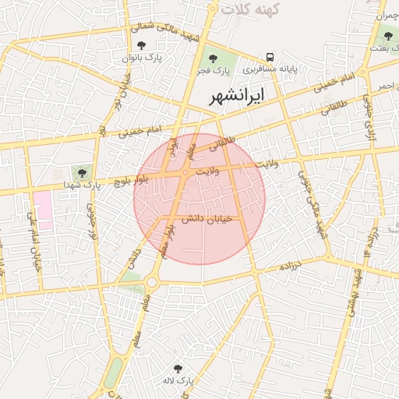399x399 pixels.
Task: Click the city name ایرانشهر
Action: (x=238, y=96)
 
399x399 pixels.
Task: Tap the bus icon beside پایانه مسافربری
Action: (x=270, y=57)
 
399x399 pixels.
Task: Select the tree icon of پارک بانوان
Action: (x=141, y=46)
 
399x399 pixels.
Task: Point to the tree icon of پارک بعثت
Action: (x=388, y=36)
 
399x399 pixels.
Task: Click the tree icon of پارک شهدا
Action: (x=82, y=173)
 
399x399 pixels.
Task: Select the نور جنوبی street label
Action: (x=93, y=223)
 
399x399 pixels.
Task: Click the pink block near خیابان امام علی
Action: (x=42, y=209)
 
